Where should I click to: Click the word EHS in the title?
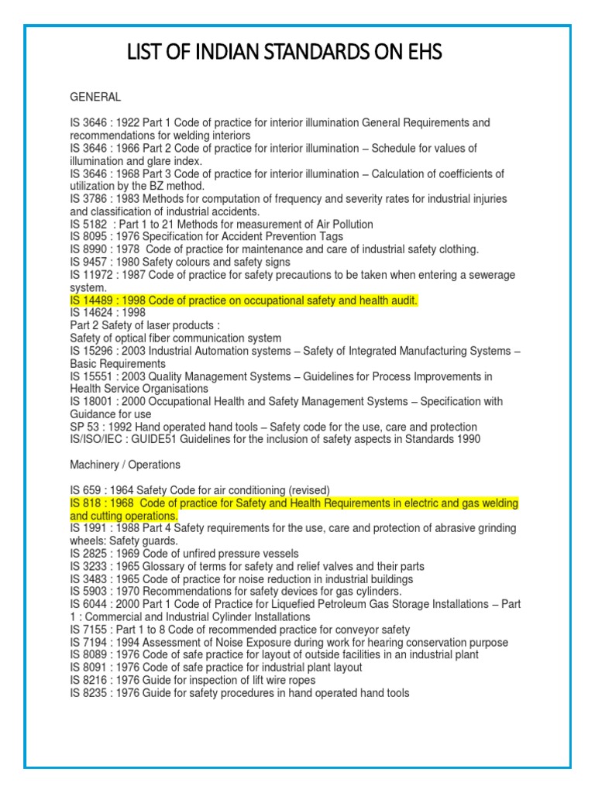(x=419, y=53)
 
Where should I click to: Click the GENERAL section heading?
(x=95, y=98)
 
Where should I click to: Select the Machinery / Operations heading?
(x=125, y=465)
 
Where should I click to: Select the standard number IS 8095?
(x=88, y=237)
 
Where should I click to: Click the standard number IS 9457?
(x=88, y=263)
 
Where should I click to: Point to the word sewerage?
(x=488, y=275)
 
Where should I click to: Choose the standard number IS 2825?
(x=88, y=554)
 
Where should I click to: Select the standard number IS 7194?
(x=88, y=643)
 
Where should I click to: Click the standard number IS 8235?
(x=88, y=693)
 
